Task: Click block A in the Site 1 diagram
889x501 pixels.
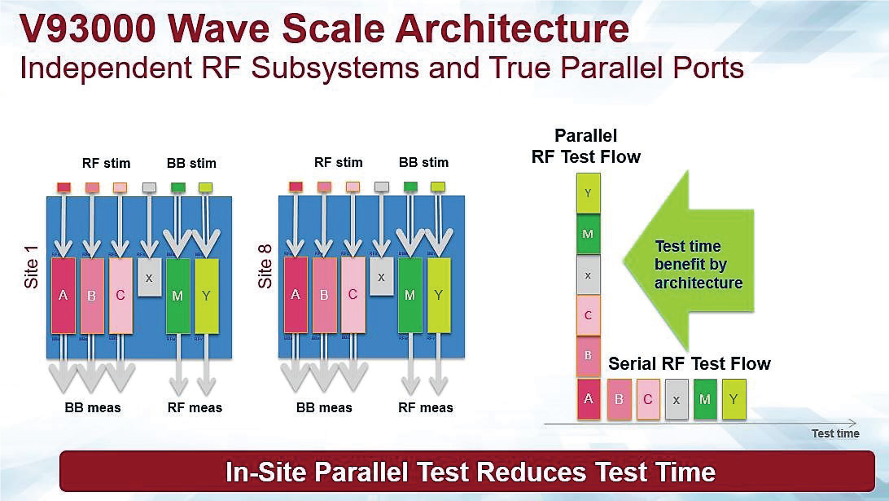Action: tap(63, 295)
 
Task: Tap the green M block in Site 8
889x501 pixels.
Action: tap(409, 294)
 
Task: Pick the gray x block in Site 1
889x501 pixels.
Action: tap(148, 277)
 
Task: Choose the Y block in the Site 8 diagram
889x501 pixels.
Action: tap(439, 294)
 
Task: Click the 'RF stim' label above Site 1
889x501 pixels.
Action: tap(106, 163)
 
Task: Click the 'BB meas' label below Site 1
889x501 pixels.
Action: tap(92, 407)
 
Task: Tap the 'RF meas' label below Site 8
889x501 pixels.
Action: tap(426, 407)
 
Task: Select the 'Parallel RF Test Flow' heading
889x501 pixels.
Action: tap(585, 146)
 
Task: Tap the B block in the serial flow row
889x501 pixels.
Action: tap(620, 399)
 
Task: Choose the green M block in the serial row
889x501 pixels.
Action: tap(705, 399)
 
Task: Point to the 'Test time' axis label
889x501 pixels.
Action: tap(834, 433)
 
